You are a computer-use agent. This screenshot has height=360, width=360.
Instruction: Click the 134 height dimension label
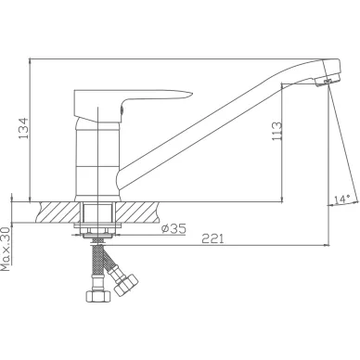pyautogui.click(x=23, y=128)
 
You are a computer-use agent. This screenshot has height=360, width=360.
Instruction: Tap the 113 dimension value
pyautogui.click(x=276, y=131)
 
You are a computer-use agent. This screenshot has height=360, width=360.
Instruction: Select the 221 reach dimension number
pyautogui.click(x=212, y=238)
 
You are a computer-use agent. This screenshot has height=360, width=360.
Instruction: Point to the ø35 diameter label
pyautogui.click(x=174, y=228)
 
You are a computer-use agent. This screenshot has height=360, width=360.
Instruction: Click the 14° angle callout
pyautogui.click(x=341, y=199)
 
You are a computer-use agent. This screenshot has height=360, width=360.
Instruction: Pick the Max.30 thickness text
pyautogui.click(x=6, y=249)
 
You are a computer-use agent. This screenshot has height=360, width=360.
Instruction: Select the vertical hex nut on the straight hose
pyautogui.click(x=97, y=296)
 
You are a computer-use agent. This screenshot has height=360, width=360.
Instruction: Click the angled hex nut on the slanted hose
pyautogui.click(x=126, y=285)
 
